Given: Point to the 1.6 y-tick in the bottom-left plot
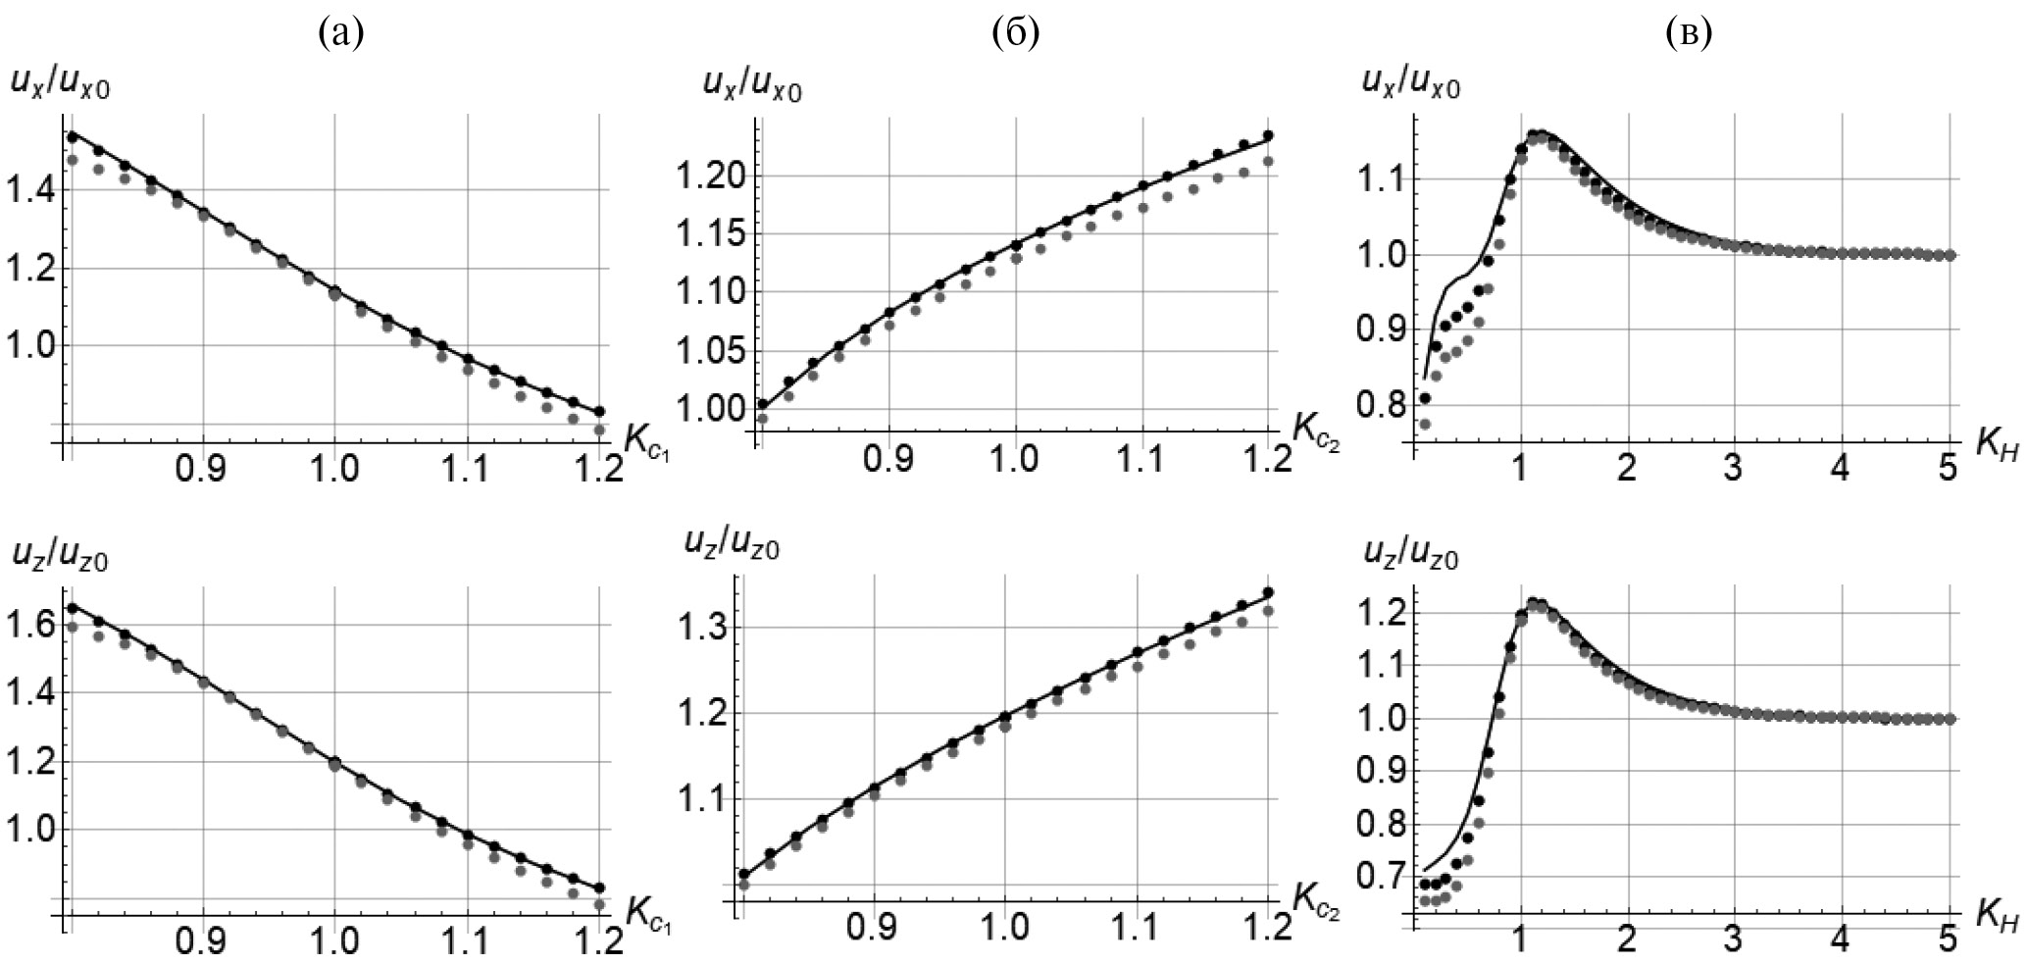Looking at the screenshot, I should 29,624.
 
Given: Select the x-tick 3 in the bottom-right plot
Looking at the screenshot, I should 1734,939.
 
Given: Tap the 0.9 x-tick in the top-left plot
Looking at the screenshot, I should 204,469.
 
